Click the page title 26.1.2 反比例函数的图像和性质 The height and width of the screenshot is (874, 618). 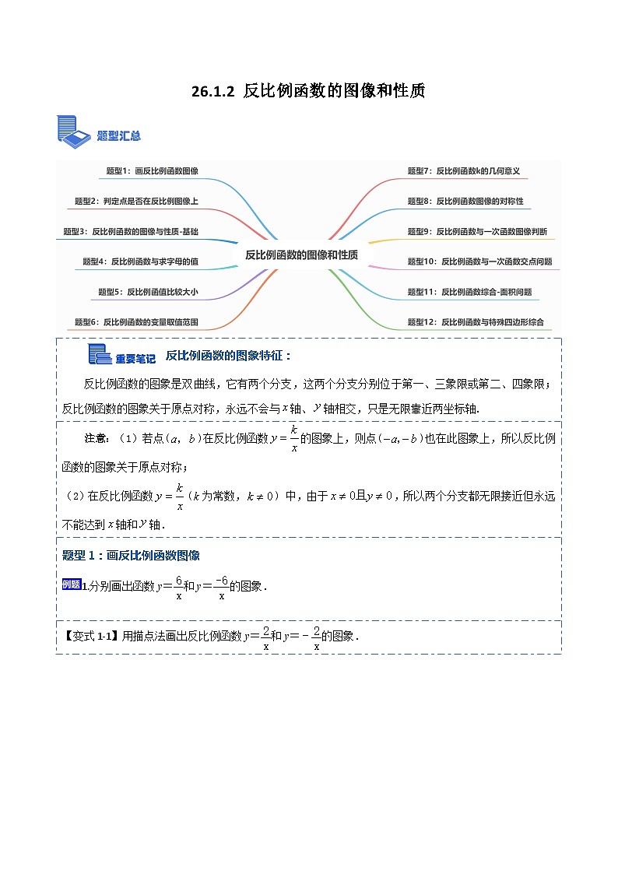pos(308,91)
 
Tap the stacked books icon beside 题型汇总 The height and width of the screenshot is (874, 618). pos(74,130)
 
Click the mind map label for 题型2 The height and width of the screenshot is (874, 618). pos(136,201)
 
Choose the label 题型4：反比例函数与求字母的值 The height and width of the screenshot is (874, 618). pos(140,261)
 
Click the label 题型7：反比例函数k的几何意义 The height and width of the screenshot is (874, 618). pos(463,170)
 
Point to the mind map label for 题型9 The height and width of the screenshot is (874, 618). pos(477,231)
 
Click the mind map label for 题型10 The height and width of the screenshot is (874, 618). pos(479,261)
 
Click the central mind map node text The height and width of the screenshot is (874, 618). pos(301,254)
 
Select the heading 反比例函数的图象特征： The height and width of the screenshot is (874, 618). pos(228,356)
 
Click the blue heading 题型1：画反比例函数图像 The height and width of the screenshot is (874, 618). pos(131,555)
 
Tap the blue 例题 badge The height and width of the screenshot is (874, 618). pos(71,584)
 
